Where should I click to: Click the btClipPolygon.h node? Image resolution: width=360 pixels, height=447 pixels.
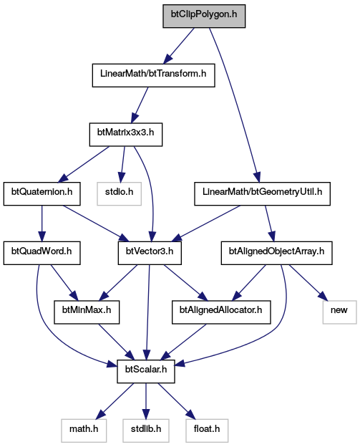click(x=204, y=16)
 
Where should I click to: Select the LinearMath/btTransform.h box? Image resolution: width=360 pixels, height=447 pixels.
click(x=153, y=75)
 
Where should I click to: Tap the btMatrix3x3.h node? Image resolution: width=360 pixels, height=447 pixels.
click(x=126, y=135)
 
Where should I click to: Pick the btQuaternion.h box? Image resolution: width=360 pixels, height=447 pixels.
click(x=42, y=194)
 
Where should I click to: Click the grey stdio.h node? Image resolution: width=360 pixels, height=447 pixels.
click(x=119, y=194)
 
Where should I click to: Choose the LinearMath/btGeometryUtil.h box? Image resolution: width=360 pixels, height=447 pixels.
click(x=263, y=194)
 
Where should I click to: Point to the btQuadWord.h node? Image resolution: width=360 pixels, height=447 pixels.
click(x=42, y=253)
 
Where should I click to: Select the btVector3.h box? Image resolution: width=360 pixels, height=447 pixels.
click(x=150, y=253)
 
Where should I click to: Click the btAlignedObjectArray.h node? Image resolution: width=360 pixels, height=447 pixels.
click(x=276, y=253)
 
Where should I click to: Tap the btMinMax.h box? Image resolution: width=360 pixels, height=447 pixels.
click(x=87, y=312)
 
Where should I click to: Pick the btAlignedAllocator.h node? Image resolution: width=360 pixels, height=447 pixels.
click(x=221, y=312)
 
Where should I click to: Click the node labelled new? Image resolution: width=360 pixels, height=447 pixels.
click(x=339, y=312)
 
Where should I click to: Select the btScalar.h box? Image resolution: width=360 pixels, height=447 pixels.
click(x=146, y=372)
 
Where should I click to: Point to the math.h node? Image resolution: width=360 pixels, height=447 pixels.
click(x=84, y=431)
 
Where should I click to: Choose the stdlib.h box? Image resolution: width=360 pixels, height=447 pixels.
click(x=146, y=431)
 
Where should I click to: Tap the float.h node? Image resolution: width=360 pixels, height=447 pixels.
click(x=207, y=431)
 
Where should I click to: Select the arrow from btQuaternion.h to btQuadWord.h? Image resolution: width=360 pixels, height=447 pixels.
click(x=42, y=223)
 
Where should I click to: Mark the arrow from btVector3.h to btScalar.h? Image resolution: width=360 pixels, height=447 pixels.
click(x=148, y=312)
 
